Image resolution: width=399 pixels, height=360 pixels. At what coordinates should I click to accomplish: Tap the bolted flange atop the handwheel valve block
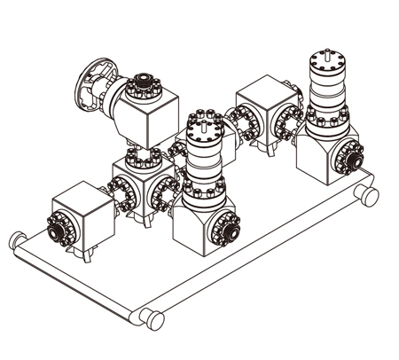point(141,87)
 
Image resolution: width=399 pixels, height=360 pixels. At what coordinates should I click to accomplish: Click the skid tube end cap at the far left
point(16,239)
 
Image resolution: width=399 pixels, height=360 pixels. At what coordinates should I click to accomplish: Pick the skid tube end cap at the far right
point(370,196)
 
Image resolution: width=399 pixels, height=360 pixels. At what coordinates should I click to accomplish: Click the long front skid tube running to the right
point(257,256)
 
